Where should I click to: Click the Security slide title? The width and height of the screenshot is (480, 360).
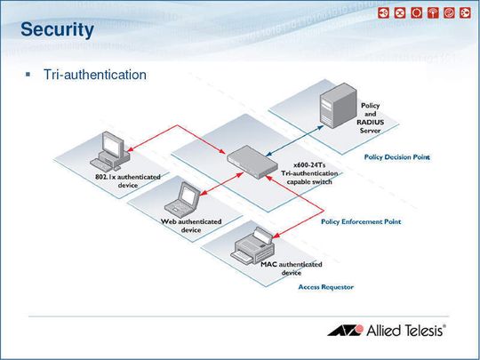point(57,30)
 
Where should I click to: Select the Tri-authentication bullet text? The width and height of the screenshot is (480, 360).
point(95,75)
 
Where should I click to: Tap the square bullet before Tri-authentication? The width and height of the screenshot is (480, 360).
point(28,75)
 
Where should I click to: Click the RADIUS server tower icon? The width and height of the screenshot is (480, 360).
point(338,105)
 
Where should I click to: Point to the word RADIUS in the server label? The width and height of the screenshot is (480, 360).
point(370,122)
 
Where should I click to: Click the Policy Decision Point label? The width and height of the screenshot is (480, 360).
point(397,157)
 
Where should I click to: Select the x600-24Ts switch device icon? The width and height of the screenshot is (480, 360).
point(252,162)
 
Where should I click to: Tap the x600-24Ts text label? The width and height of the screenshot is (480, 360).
point(309,165)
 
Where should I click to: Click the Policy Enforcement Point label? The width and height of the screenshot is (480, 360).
point(361,221)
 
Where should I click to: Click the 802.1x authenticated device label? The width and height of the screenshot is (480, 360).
point(128,181)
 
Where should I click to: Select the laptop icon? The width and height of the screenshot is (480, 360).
point(182,200)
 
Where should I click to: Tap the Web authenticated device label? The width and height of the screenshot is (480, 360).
point(191,226)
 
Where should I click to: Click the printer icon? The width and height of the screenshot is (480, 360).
point(252,245)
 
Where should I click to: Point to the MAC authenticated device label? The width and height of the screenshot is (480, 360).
point(292,268)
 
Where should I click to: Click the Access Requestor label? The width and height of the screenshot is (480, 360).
point(326,287)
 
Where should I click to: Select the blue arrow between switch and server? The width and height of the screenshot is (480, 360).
point(294,140)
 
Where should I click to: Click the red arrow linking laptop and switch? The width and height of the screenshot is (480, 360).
point(221,184)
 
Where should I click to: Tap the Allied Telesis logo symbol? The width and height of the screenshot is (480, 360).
point(346,331)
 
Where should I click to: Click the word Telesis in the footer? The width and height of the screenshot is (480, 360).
point(424,331)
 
